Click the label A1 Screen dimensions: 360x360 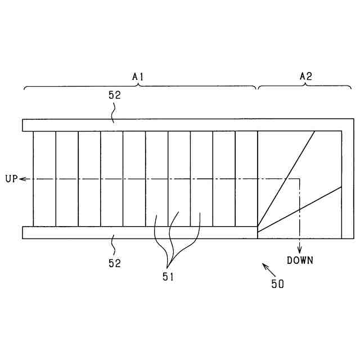pos(138,75)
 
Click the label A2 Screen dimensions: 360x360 pos(306,75)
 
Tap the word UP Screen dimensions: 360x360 pos(11,179)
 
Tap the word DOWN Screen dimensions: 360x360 pos(300,260)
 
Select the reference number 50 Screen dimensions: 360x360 pos(278,284)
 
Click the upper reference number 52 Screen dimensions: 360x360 pos(115,96)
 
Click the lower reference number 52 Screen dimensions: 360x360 pos(115,263)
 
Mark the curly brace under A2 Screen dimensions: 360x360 pos(305,86)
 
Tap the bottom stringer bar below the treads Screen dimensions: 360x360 pos(141,232)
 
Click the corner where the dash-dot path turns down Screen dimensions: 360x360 pos(300,179)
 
